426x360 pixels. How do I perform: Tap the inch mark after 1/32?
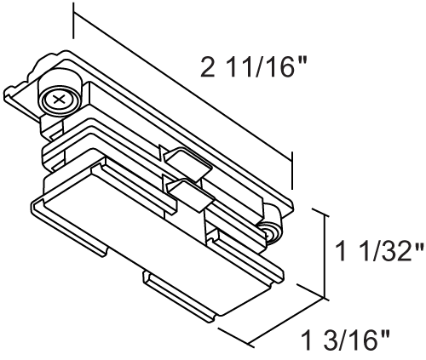[x=418, y=248]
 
